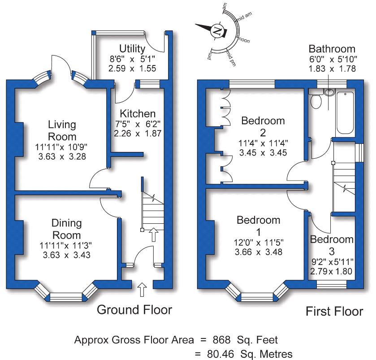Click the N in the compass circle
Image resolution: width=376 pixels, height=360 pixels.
(x=217, y=31)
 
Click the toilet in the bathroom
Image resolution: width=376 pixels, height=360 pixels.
(x=316, y=101)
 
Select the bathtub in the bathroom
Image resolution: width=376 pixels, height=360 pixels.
(x=345, y=113)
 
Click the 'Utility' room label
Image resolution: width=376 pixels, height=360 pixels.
(x=132, y=48)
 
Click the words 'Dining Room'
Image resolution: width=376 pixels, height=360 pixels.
(x=66, y=229)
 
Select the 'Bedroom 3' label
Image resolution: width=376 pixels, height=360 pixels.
(x=332, y=245)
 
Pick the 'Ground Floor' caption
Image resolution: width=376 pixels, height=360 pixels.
(x=134, y=309)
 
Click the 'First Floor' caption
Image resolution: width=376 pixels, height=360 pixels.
(x=334, y=311)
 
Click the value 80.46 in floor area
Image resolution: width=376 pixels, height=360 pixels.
(x=219, y=353)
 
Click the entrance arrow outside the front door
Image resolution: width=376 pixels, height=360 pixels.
(x=143, y=289)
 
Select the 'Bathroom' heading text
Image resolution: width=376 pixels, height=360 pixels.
(x=332, y=49)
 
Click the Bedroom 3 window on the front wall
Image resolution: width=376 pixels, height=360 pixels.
(x=332, y=284)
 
